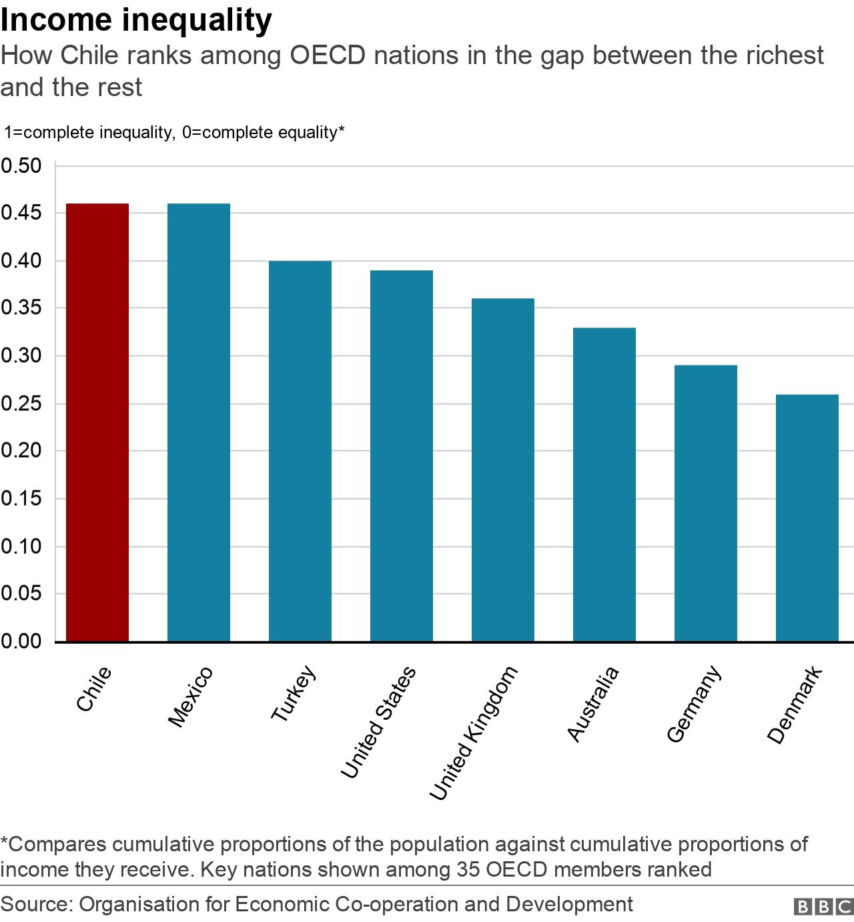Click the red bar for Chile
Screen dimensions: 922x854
tap(97, 422)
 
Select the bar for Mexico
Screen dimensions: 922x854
tap(199, 422)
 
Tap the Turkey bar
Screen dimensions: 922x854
tap(300, 451)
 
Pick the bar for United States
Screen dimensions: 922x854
tap(402, 456)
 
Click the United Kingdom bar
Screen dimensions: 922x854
tap(503, 470)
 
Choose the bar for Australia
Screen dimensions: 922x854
tap(604, 484)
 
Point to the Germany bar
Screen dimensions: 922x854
tap(706, 503)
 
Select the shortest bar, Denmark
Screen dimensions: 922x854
tap(807, 518)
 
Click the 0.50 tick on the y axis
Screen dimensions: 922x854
tap(21, 165)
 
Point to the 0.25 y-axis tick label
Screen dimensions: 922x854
tap(21, 404)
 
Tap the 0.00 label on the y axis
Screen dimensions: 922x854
tap(21, 641)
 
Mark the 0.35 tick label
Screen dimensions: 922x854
tap(21, 308)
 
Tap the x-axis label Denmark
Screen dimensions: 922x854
tap(795, 705)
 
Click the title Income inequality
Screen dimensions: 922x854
tap(136, 20)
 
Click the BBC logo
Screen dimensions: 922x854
tap(823, 907)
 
